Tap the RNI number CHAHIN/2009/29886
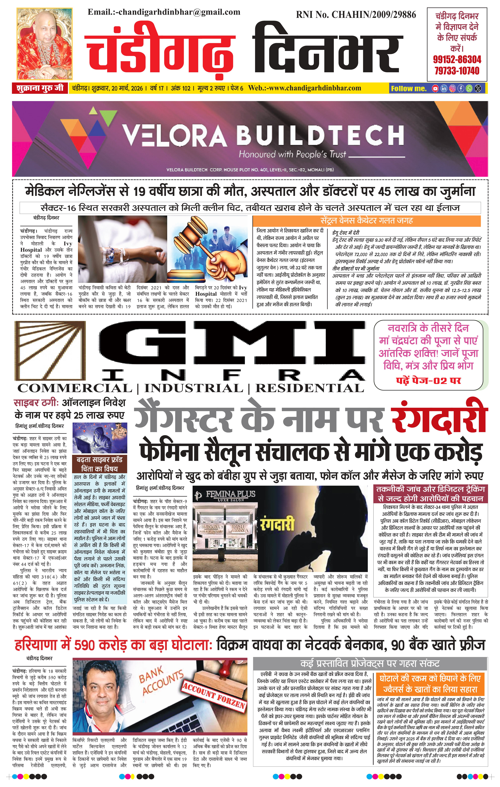pyautogui.click(x=356, y=15)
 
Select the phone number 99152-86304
pyautogui.click(x=457, y=59)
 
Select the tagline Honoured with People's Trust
pyautogui.click(x=292, y=154)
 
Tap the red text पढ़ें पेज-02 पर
pyautogui.click(x=428, y=380)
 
